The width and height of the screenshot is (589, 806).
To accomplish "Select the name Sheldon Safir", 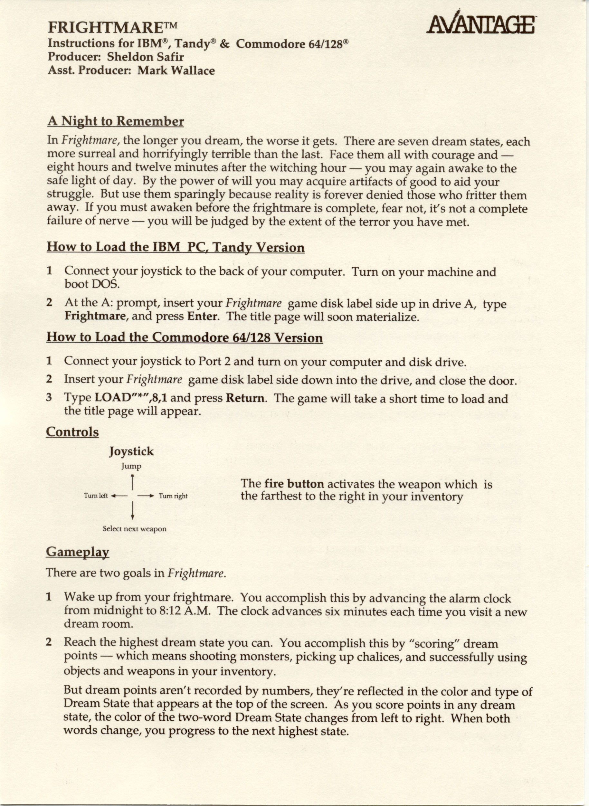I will [146, 57].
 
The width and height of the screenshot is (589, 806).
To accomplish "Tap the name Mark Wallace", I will [176, 70].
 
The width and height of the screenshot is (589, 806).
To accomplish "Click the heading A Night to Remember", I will [116, 121].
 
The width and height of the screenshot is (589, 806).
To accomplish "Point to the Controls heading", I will [72, 432].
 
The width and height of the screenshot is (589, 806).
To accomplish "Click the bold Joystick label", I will [131, 451].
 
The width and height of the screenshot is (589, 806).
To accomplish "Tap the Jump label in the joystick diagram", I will [131, 466].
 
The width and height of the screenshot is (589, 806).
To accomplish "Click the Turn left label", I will [96, 496].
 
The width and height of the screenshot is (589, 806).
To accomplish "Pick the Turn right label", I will [173, 496].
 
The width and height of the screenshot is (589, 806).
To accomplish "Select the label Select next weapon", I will [134, 528].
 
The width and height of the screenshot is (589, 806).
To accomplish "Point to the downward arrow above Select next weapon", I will [132, 510].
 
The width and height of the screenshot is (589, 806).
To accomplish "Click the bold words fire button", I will [294, 484].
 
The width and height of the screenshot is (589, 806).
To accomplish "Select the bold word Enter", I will [202, 316].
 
